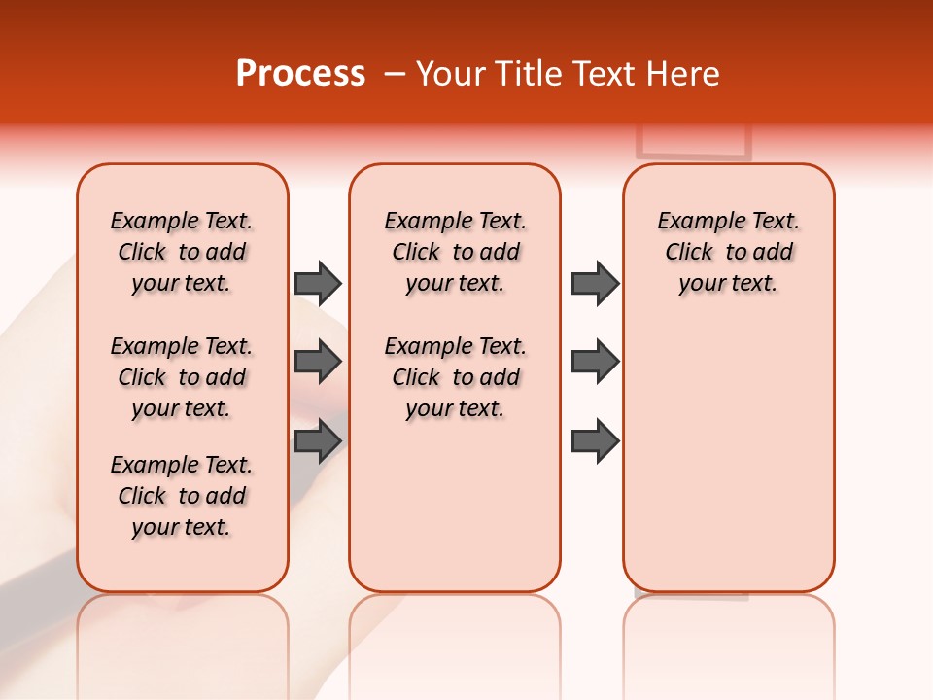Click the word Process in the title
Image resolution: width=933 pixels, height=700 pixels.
tap(300, 73)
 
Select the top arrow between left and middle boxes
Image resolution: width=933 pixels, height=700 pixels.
tap(317, 283)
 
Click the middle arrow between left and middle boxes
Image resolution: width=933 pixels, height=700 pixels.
tap(317, 362)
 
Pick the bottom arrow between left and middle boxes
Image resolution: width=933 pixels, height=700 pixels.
tap(317, 440)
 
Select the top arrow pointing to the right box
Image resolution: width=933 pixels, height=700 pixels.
tap(595, 283)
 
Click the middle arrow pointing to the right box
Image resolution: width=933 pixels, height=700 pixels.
tap(595, 362)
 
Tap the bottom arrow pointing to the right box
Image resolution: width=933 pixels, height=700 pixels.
tap(595, 440)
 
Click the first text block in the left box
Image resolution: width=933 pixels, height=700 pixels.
tap(182, 252)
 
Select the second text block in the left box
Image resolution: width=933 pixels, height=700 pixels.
tap(182, 377)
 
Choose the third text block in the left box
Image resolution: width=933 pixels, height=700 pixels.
tap(182, 496)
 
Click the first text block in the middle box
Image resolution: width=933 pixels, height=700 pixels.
tap(455, 252)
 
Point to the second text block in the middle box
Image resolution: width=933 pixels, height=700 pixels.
tap(455, 377)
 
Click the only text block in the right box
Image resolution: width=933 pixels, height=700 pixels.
tap(728, 252)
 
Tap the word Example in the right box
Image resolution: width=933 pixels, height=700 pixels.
tap(693, 221)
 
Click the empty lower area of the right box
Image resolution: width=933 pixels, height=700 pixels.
tap(728, 457)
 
